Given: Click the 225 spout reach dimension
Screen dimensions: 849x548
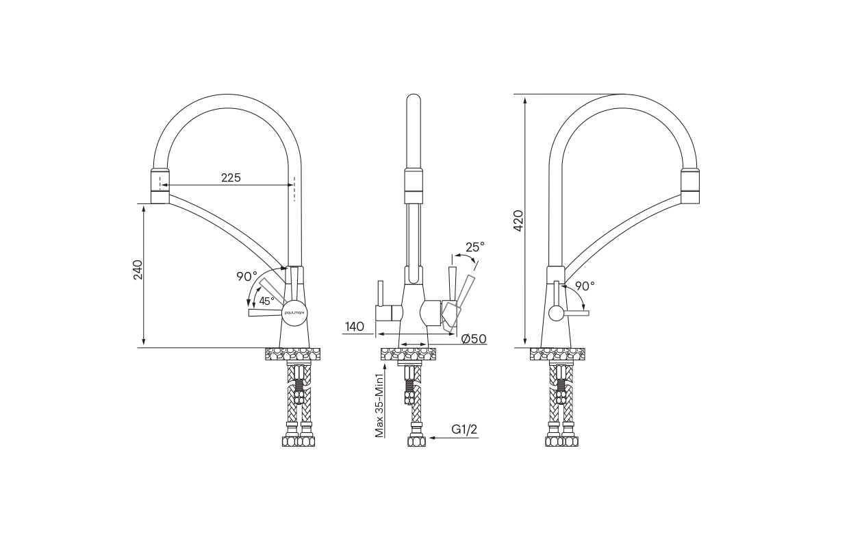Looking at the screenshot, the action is (x=231, y=177).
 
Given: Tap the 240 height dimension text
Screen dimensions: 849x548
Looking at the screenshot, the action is (x=138, y=270).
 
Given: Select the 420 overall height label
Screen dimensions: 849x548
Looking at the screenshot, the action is (x=518, y=221).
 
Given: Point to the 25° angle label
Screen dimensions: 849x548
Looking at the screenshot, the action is (x=475, y=247).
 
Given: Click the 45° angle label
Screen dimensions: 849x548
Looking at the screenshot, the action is (x=266, y=301).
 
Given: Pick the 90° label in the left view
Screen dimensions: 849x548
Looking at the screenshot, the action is (x=246, y=277).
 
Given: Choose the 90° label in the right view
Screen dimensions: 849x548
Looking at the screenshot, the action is (x=585, y=286).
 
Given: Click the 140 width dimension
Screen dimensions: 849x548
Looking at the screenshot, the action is (x=355, y=327).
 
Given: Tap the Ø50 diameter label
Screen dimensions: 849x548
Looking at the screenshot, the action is (x=474, y=338).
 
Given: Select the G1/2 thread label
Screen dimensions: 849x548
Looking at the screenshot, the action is (x=464, y=429).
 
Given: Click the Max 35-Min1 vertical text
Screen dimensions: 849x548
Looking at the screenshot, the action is (x=379, y=406).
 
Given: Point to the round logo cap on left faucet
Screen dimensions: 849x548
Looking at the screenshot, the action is (x=294, y=313).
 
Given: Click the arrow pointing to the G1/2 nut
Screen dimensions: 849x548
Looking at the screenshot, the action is (x=454, y=438).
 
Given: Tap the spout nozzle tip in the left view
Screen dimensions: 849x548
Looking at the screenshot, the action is (x=160, y=186).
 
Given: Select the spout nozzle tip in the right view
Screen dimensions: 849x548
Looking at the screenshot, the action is (x=690, y=186).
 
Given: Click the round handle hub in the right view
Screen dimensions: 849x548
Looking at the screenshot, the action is (x=557, y=313).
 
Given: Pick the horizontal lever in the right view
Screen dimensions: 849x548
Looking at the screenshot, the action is (x=576, y=313).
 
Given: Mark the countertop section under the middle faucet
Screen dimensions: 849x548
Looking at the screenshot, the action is (x=408, y=354).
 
